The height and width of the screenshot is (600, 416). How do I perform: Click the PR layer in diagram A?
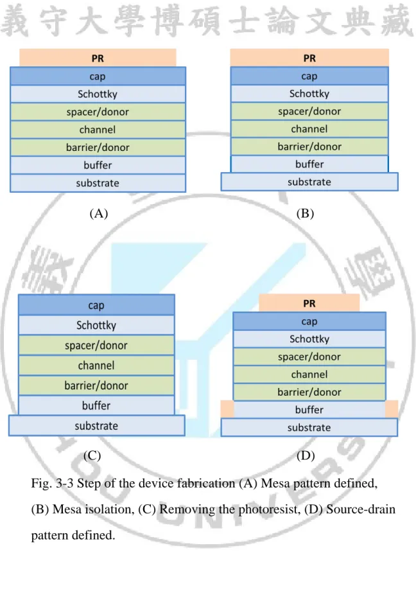pos(98,58)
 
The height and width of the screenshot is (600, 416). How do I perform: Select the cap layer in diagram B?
pos(309,76)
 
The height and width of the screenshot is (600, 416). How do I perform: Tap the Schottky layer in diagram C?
pos(96,325)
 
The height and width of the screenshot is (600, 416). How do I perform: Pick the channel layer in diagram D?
pos(309,375)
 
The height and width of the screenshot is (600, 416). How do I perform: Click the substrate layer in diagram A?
pos(98,183)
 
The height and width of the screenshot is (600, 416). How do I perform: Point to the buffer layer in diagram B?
pos(309,164)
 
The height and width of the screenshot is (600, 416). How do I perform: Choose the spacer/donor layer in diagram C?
pos(96,345)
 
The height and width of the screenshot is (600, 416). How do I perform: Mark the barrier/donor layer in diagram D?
pos(309,392)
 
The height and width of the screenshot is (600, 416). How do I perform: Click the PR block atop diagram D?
pos(309,303)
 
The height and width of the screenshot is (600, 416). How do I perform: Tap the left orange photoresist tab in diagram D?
pos(227,409)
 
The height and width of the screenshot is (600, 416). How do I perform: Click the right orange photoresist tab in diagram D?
pos(392,409)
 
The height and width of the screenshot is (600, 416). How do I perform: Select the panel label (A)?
pos(99,213)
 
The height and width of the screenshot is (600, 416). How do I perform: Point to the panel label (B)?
pos(305,213)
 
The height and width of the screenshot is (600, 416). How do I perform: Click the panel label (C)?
pos(92,455)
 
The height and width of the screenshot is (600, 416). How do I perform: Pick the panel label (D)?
pos(306,455)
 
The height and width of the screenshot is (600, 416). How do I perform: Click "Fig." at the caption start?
pos(41,483)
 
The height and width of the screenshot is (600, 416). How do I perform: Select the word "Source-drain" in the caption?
pos(361,509)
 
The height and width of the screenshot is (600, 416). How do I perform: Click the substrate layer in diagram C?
pos(97,425)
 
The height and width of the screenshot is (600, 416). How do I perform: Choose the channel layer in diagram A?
pos(98,130)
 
